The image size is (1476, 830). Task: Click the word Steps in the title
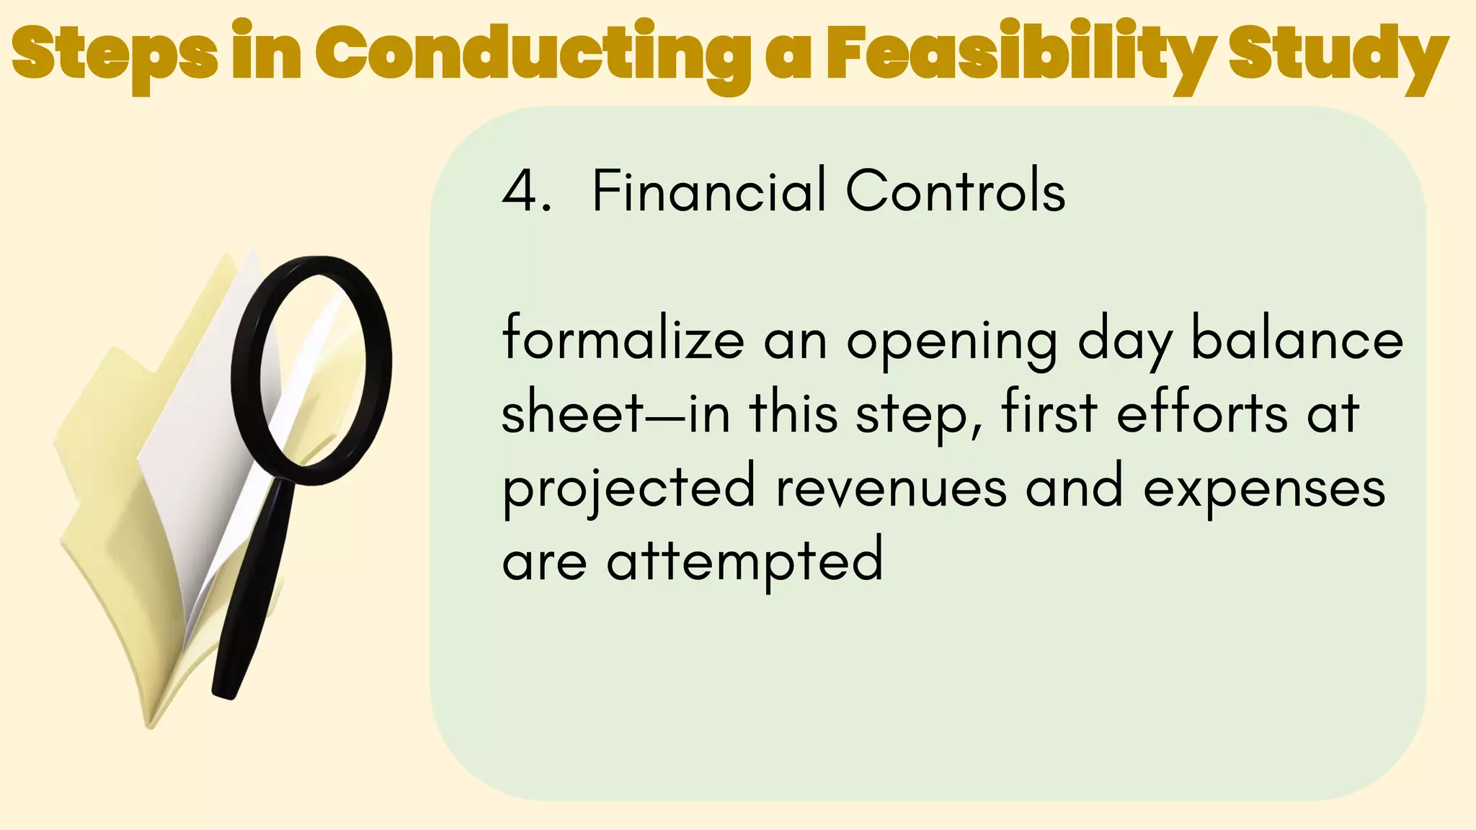point(115,55)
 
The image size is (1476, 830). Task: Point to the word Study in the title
point(1338,55)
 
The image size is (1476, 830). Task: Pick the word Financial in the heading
point(709,191)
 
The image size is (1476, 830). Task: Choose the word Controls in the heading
point(956,191)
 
